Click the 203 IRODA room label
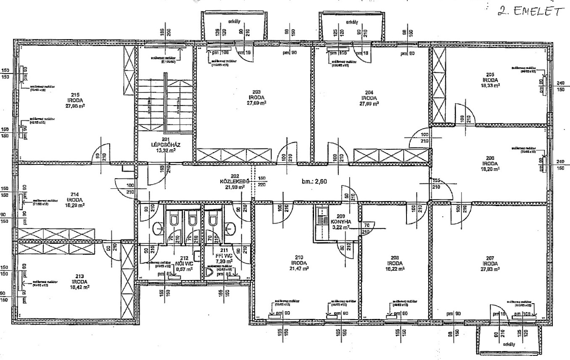(x=257, y=97)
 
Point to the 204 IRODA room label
(x=369, y=97)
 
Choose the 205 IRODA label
(x=490, y=79)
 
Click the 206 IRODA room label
(x=490, y=163)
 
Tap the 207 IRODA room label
(x=490, y=263)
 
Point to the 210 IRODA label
(x=299, y=263)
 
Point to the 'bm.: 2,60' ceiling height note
(x=314, y=181)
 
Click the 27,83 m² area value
(x=490, y=268)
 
